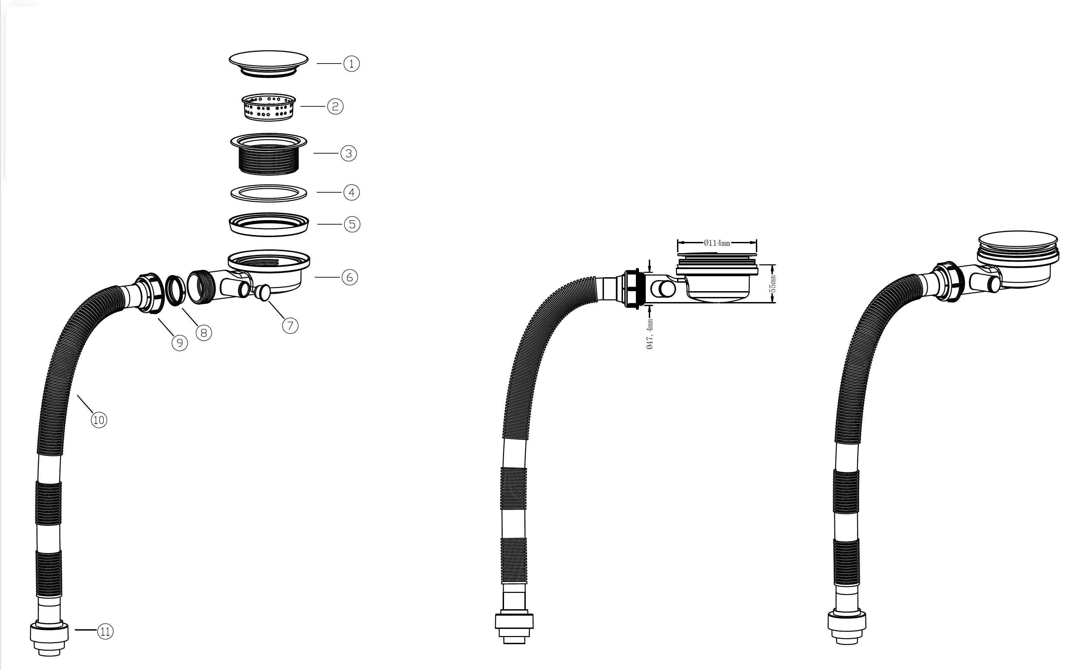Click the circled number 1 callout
(351, 64)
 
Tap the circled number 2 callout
(335, 106)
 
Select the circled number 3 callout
(348, 153)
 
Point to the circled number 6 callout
(350, 277)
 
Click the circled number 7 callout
(290, 326)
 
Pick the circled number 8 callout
(204, 333)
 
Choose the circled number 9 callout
(179, 342)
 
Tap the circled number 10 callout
(99, 420)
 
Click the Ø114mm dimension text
(716, 243)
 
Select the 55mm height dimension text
(773, 284)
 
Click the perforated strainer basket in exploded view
(268, 107)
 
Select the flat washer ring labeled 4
(268, 193)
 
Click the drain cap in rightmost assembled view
(1018, 244)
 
